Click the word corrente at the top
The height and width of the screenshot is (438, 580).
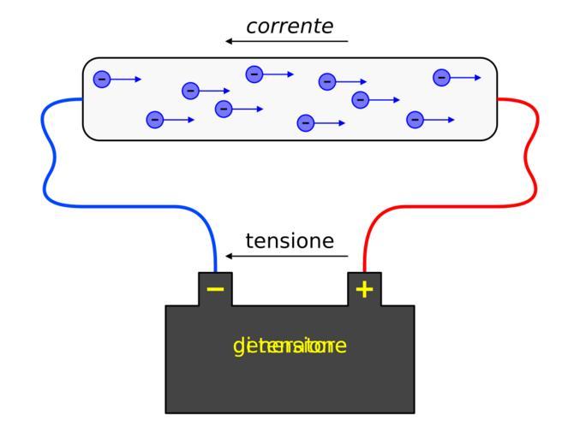pyautogui.click(x=290, y=27)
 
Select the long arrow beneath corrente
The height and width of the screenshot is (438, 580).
pyautogui.click(x=287, y=41)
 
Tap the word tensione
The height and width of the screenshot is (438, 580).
pyautogui.click(x=290, y=241)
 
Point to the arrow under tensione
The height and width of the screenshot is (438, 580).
pyautogui.click(x=287, y=256)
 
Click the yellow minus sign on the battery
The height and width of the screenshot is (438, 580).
pyautogui.click(x=215, y=290)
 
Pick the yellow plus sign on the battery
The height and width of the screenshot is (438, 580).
pyautogui.click(x=364, y=290)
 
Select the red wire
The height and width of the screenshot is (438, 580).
pyautogui.click(x=445, y=205)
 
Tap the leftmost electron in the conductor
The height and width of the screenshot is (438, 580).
pyautogui.click(x=101, y=80)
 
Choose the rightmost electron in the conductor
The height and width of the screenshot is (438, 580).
pyautogui.click(x=441, y=78)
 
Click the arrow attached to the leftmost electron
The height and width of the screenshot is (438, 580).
pyautogui.click(x=127, y=80)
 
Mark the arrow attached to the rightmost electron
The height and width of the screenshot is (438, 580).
pyautogui.click(x=467, y=78)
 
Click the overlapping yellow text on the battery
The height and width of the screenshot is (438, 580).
pyautogui.click(x=290, y=346)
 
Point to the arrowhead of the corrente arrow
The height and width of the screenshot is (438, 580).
pyautogui.click(x=229, y=41)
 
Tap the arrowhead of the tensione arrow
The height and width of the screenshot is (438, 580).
pyautogui.click(x=229, y=256)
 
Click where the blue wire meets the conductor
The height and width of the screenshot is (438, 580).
pyautogui.click(x=82, y=99)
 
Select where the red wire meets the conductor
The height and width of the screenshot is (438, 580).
pyautogui.click(x=498, y=99)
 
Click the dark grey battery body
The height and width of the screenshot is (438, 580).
pyautogui.click(x=290, y=385)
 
